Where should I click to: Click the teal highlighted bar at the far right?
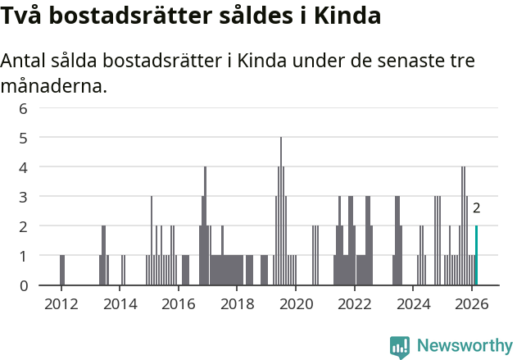click(476, 256)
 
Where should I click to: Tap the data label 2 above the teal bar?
click(476, 208)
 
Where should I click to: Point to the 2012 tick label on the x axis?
click(61, 304)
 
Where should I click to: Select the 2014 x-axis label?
click(120, 304)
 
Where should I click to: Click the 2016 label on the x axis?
click(179, 304)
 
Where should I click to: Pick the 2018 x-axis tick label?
click(237, 304)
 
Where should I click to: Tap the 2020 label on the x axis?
click(296, 304)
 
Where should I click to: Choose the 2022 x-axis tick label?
click(355, 304)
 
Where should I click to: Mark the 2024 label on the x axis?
click(413, 304)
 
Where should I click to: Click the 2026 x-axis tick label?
click(472, 304)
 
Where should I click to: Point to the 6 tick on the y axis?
click(24, 108)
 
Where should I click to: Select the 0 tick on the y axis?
click(24, 285)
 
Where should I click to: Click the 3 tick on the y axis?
click(24, 197)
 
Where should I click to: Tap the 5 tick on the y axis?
click(24, 138)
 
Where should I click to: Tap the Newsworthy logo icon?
click(400, 346)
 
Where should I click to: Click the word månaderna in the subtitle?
click(54, 85)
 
